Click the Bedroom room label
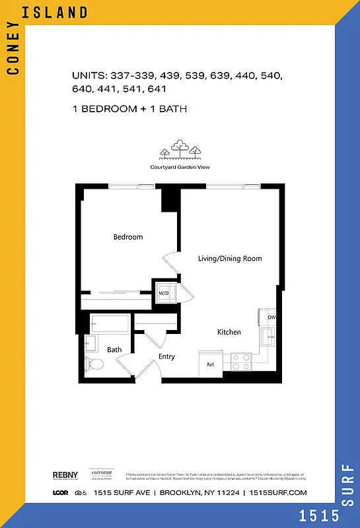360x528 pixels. coord(127,237)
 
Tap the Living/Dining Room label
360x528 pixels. coord(230,258)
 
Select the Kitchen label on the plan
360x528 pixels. coord(229,332)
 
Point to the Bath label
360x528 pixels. coord(115,350)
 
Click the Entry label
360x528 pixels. coord(166,357)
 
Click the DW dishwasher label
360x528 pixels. coord(271,317)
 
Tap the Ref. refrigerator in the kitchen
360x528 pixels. coord(212,364)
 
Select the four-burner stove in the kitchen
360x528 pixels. coord(241,361)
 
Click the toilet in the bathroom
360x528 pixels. coord(94,362)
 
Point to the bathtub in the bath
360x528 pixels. coord(109,323)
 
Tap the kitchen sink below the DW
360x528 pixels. coord(269,339)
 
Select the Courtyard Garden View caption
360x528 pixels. coord(180,168)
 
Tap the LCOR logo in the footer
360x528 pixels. coord(61,493)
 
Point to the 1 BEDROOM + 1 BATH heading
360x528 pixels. coord(130,109)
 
